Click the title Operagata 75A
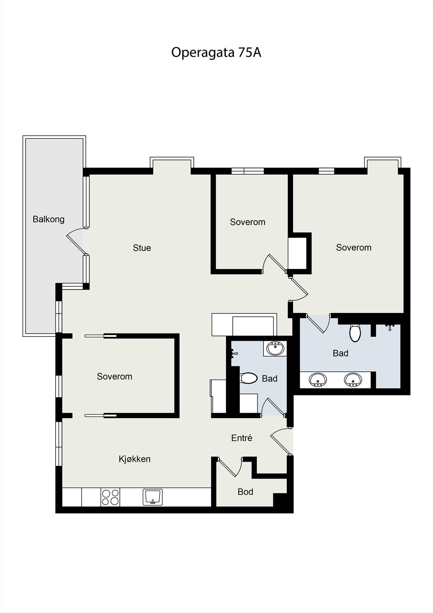click(216, 52)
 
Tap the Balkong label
click(48, 219)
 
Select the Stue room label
click(142, 248)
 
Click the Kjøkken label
click(134, 459)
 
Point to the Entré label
click(242, 438)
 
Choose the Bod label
click(245, 492)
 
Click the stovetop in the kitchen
click(110, 497)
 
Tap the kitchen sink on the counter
click(153, 497)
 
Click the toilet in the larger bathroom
click(355, 333)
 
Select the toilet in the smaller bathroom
click(249, 379)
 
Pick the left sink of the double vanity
click(318, 380)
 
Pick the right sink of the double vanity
click(353, 380)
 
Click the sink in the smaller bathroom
click(275, 349)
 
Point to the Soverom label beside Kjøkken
click(114, 377)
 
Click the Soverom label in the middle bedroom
click(247, 222)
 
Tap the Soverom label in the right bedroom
click(353, 247)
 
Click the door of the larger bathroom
click(319, 324)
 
